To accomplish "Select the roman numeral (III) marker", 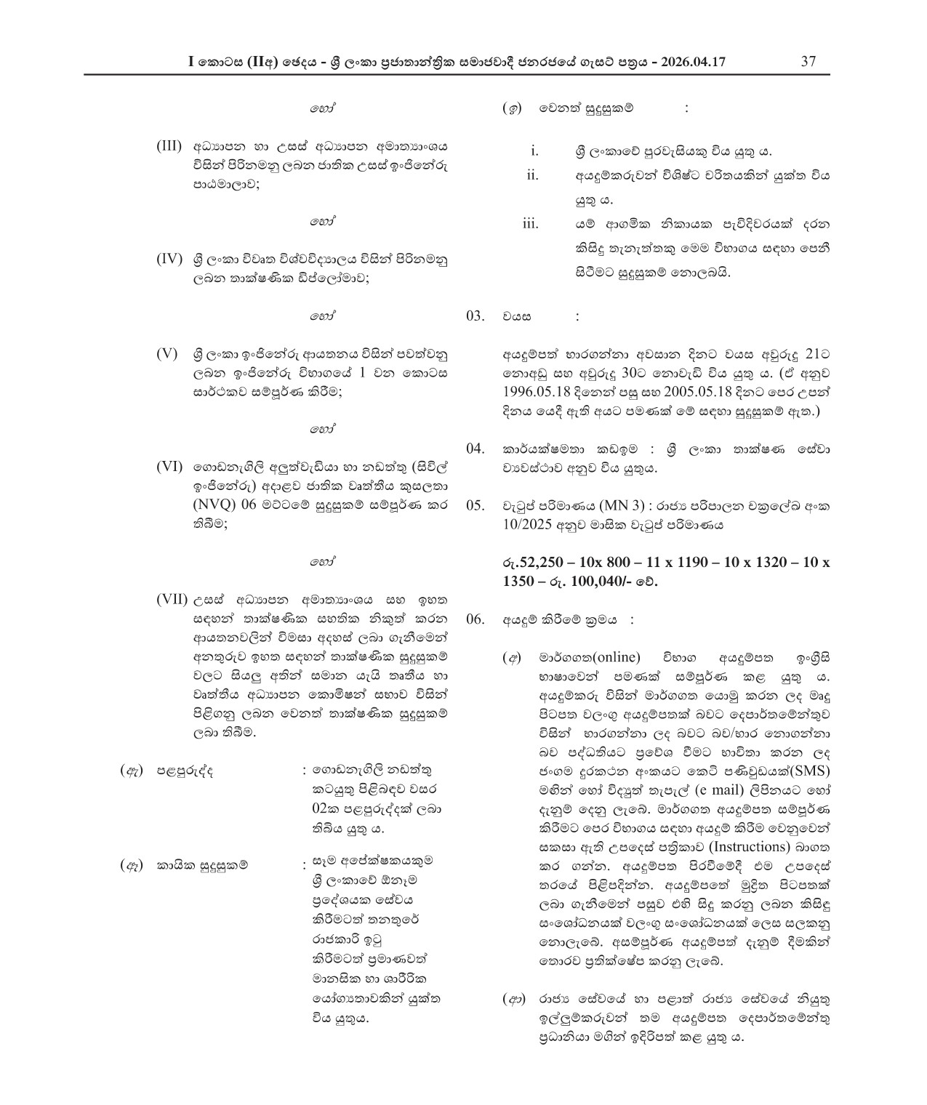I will pos(169,145).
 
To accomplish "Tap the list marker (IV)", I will pos(169,259).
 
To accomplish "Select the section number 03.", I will pos(475,316).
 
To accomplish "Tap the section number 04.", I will pos(475,449).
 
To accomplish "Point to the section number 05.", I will pos(475,505).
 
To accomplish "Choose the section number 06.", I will pos(475,619).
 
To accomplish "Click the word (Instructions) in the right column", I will pos(750,847).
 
